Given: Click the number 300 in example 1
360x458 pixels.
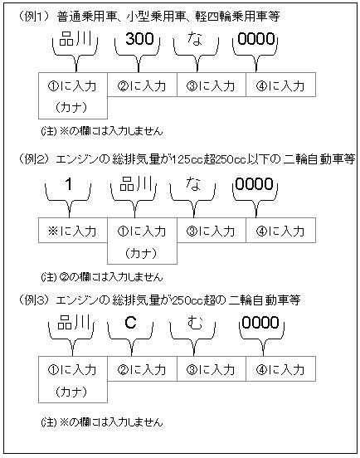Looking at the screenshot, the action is (x=139, y=39).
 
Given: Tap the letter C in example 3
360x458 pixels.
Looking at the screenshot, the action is (x=130, y=323).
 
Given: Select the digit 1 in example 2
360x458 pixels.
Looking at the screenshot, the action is (x=69, y=184).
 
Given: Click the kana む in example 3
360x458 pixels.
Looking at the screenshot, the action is (x=195, y=323).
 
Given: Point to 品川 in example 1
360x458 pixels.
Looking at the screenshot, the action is (x=75, y=39).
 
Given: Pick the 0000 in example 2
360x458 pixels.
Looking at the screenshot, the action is (x=255, y=184).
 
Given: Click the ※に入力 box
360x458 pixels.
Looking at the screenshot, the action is (x=73, y=230).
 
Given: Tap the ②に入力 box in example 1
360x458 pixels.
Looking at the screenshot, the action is (x=142, y=85).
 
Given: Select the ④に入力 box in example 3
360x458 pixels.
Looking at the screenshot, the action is (x=280, y=369).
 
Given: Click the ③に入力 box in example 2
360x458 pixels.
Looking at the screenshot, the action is (x=212, y=230).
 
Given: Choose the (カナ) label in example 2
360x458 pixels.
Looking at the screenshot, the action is (x=141, y=253).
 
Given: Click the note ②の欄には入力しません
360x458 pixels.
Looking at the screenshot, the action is (x=102, y=276).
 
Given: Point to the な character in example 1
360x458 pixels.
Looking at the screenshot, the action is (x=195, y=39).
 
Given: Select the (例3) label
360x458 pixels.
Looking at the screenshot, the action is (x=34, y=300).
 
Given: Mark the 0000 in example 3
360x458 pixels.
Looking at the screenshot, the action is (x=260, y=323).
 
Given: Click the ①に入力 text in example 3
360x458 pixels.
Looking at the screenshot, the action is (x=72, y=370).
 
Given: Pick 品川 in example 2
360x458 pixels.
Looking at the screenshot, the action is (x=136, y=184).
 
